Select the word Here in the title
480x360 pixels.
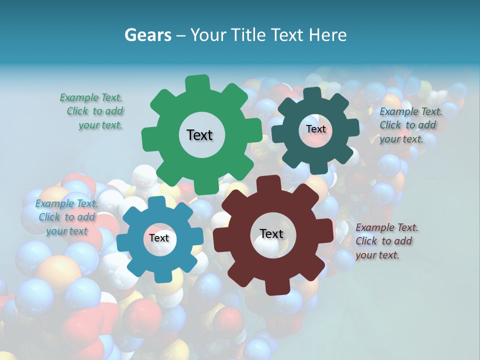coord(327,35)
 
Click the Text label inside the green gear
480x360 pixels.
coord(199,135)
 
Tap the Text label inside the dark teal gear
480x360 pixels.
coord(315,129)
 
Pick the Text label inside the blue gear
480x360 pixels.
coord(159,238)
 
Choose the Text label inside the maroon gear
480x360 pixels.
coord(271,234)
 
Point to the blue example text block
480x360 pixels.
coord(66,217)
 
